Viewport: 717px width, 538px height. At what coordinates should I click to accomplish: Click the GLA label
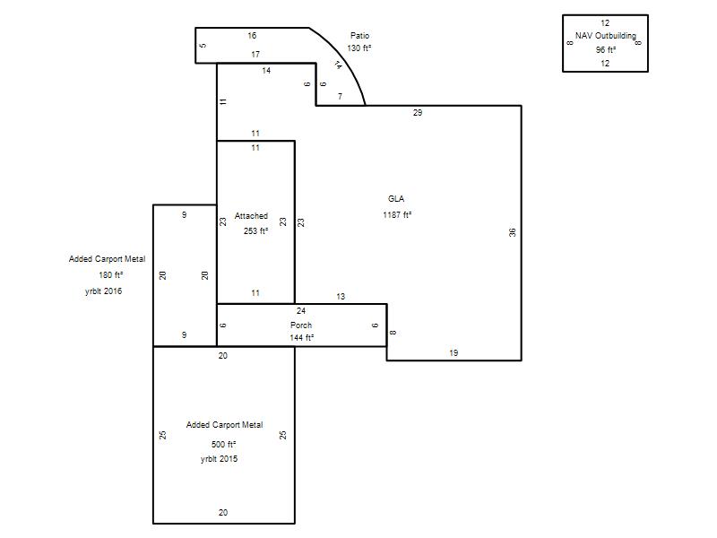tap(396, 198)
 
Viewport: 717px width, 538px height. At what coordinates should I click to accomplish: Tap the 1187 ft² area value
tap(397, 214)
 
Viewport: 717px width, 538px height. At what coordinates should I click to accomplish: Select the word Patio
tap(360, 35)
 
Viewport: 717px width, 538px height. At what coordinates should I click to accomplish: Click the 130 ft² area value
tap(359, 48)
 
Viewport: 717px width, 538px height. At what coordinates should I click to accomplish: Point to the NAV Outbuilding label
tap(606, 35)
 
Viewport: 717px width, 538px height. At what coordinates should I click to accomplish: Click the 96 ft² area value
tap(606, 50)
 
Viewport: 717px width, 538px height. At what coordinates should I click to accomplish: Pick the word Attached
tap(251, 216)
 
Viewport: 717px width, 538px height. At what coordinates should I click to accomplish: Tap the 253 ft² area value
tap(255, 231)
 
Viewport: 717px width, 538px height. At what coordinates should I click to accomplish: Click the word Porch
tap(301, 325)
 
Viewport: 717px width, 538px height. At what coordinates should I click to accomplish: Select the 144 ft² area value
tap(301, 338)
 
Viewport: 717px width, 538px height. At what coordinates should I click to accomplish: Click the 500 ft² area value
tap(223, 444)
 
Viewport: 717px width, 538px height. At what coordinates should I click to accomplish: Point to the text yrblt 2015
tap(219, 459)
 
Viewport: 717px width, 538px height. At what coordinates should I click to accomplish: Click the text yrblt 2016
tap(103, 291)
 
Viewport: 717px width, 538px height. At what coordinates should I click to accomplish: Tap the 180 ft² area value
tap(110, 275)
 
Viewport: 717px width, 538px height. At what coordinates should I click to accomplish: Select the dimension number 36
tap(513, 232)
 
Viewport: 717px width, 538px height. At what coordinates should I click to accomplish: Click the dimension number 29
tap(418, 113)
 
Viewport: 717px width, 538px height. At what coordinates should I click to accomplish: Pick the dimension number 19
tap(454, 352)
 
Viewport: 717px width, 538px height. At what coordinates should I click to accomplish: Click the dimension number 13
tap(341, 297)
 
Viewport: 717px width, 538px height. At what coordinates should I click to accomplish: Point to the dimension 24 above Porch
tap(301, 310)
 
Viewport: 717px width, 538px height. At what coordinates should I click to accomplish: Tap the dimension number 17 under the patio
tap(255, 55)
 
